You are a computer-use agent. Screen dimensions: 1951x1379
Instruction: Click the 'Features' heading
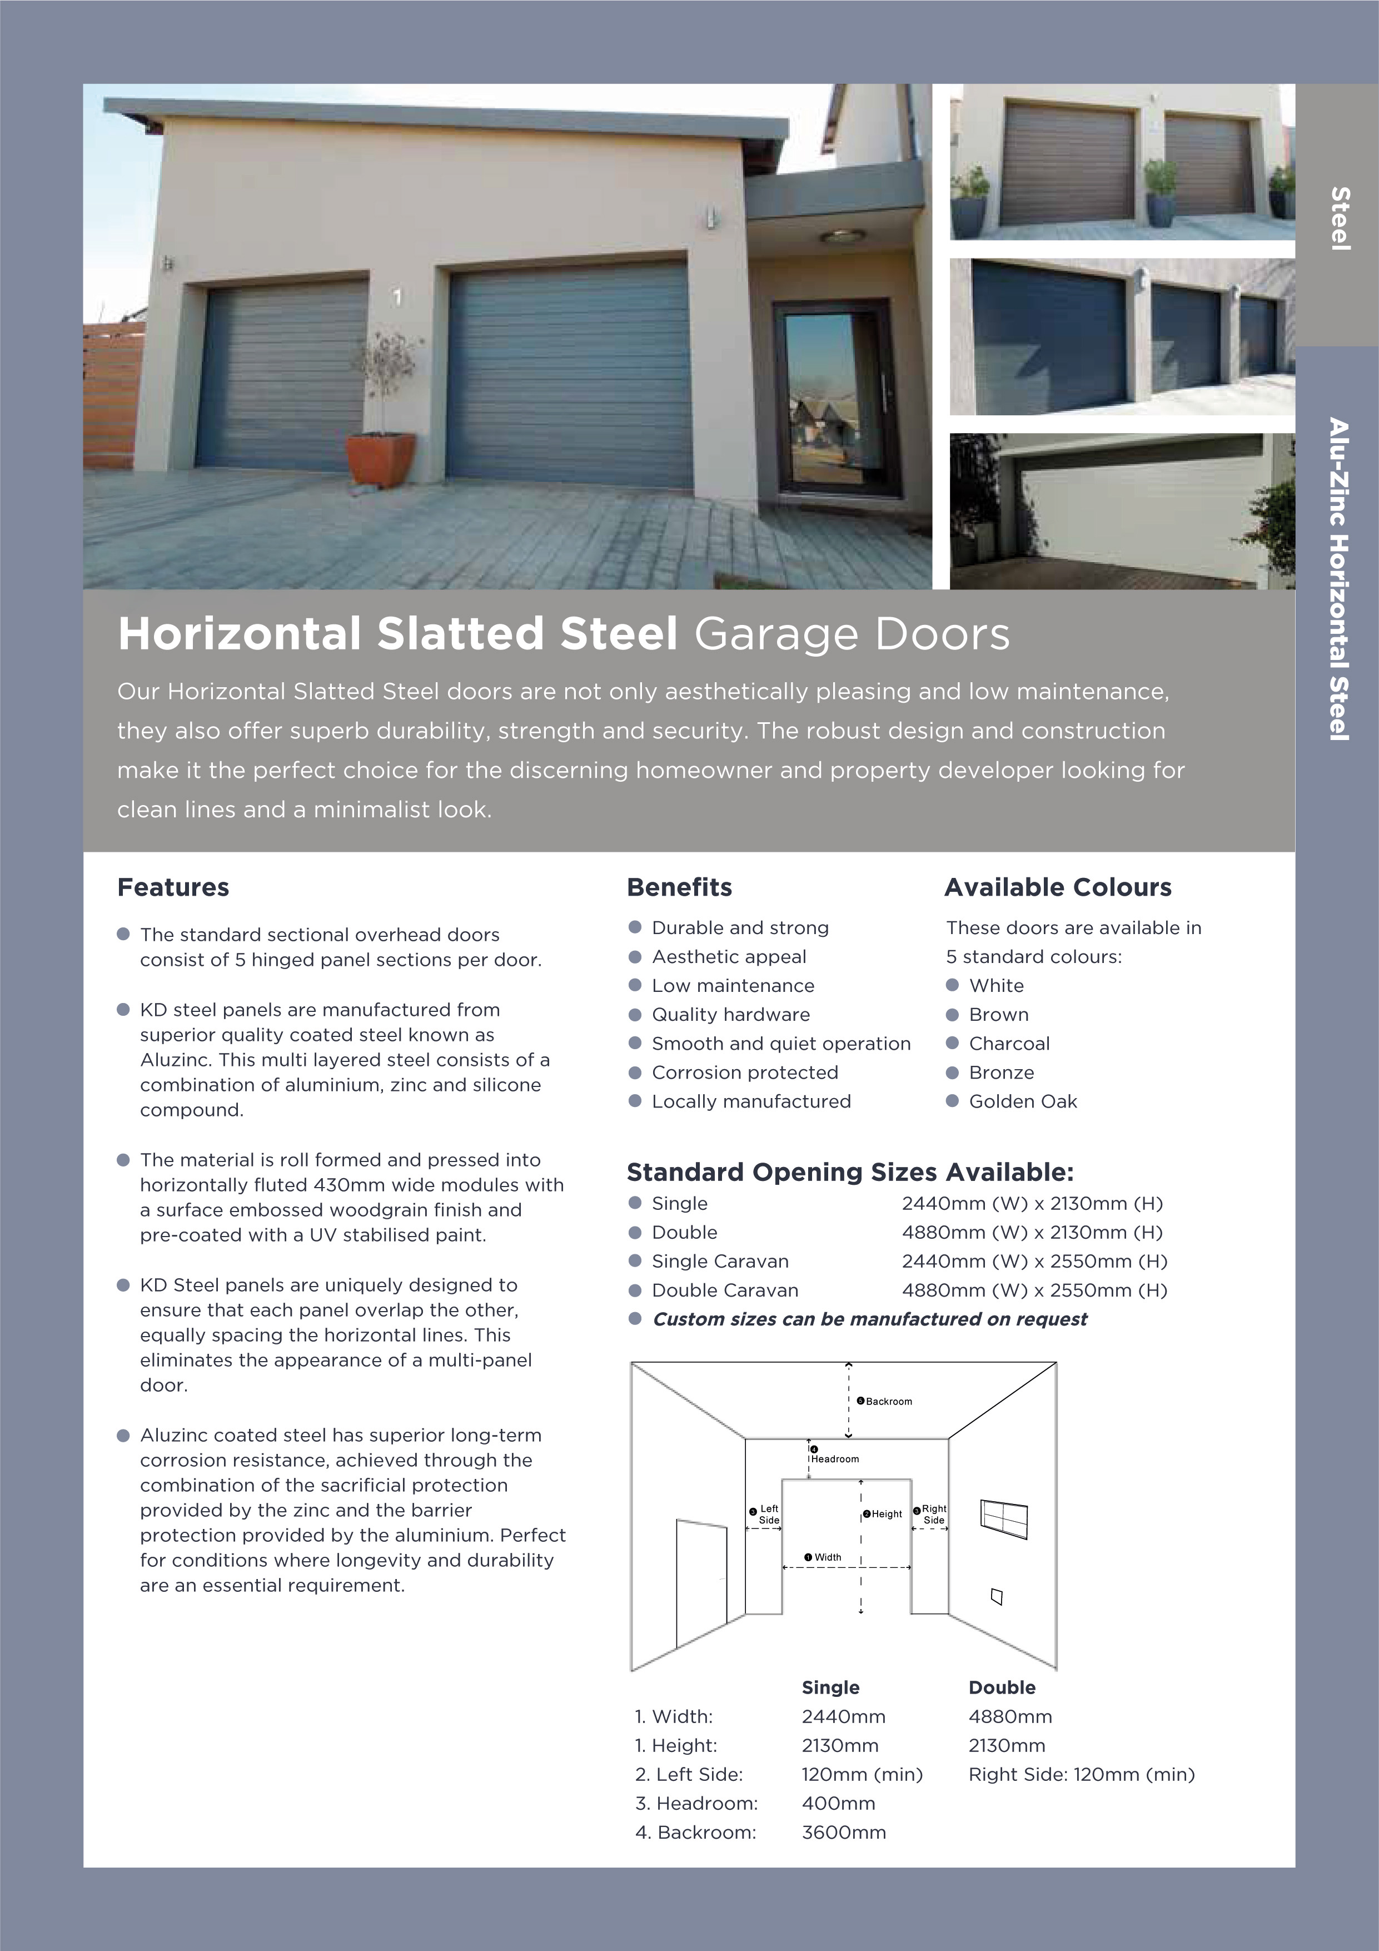coord(173,887)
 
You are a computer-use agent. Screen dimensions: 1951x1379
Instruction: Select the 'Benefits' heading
coord(679,887)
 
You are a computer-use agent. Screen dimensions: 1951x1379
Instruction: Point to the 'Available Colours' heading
coord(1058,887)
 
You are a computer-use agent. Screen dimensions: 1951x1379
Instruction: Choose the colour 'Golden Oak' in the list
coord(1022,1101)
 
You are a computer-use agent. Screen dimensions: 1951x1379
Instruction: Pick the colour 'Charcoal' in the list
coord(1009,1044)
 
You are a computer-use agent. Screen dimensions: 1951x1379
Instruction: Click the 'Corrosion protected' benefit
coord(744,1073)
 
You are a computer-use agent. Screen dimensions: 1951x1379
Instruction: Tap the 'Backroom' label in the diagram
coord(888,1401)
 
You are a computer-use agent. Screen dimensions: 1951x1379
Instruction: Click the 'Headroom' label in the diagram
coord(834,1459)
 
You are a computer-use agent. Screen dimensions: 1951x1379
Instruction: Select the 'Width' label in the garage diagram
coord(827,1557)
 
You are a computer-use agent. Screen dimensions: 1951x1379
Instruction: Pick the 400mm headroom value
coord(838,1803)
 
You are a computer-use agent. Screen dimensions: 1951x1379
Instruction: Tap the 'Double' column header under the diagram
coord(1002,1687)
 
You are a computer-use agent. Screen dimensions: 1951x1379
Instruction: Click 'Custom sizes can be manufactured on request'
coord(869,1319)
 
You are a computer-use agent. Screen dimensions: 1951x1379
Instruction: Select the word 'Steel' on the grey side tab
coord(1340,219)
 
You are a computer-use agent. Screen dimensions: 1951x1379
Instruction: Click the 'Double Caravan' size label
coord(725,1290)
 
